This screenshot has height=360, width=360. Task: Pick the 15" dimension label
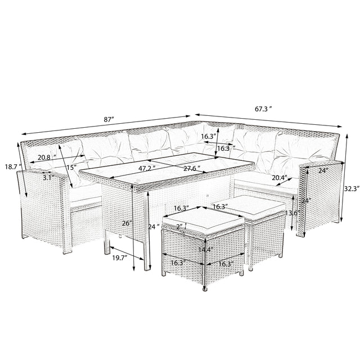pyautogui.click(x=70, y=167)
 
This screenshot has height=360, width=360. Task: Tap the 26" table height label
pyautogui.click(x=127, y=223)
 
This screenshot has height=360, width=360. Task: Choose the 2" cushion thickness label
pyautogui.click(x=178, y=227)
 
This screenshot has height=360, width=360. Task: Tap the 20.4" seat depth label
pyautogui.click(x=280, y=178)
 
